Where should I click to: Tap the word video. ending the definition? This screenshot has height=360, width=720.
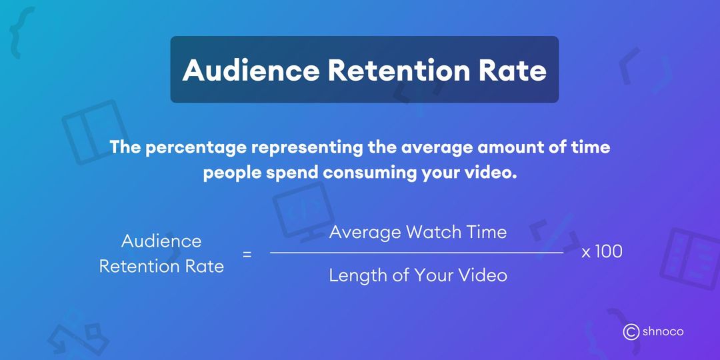pyautogui.click(x=490, y=174)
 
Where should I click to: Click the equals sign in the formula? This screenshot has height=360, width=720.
pyautogui.click(x=247, y=254)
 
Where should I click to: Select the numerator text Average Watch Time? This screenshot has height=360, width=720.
pyautogui.click(x=418, y=232)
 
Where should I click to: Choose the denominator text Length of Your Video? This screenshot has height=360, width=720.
pyautogui.click(x=418, y=275)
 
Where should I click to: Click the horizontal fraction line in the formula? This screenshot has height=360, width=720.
pyautogui.click(x=417, y=253)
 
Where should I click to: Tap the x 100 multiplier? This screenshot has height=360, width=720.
pyautogui.click(x=602, y=253)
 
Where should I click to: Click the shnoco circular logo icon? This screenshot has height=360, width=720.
pyautogui.click(x=631, y=331)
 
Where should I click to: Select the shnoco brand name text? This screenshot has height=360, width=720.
pyautogui.click(x=663, y=331)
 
